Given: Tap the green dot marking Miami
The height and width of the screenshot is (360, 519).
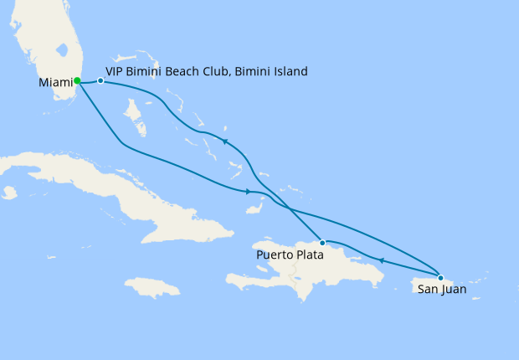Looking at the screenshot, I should [77, 81].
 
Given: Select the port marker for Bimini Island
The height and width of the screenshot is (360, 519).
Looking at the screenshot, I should [100, 81].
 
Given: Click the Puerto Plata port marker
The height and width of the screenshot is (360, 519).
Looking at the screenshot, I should [322, 242].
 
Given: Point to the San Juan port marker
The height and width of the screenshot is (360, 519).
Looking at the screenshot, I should [440, 277].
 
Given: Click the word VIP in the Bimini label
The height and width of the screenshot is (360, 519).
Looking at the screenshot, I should [117, 72].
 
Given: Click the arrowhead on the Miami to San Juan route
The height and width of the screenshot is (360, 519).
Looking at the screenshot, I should [249, 193].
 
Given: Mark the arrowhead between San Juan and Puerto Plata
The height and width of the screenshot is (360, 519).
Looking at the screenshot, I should [382, 260].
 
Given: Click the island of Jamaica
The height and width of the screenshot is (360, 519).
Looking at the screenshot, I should [152, 288].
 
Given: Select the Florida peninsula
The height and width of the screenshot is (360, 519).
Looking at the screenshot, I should [50, 50].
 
